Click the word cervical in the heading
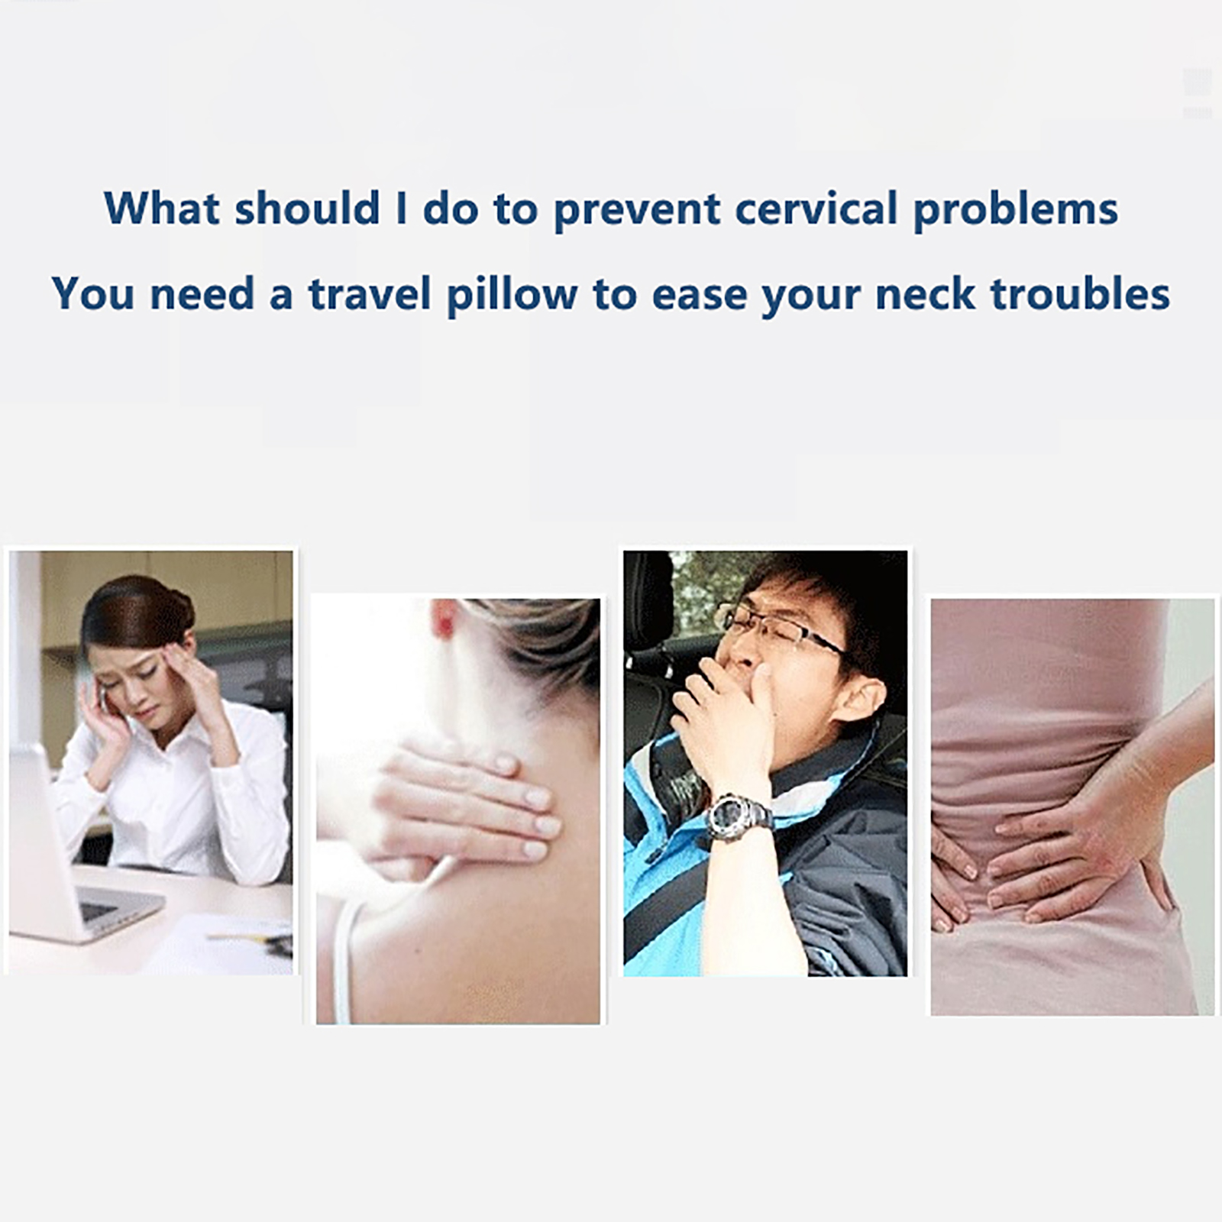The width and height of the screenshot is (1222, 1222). pos(816,209)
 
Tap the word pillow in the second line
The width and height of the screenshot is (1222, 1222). pos(512,295)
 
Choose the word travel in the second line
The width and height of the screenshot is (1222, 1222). pos(370,294)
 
